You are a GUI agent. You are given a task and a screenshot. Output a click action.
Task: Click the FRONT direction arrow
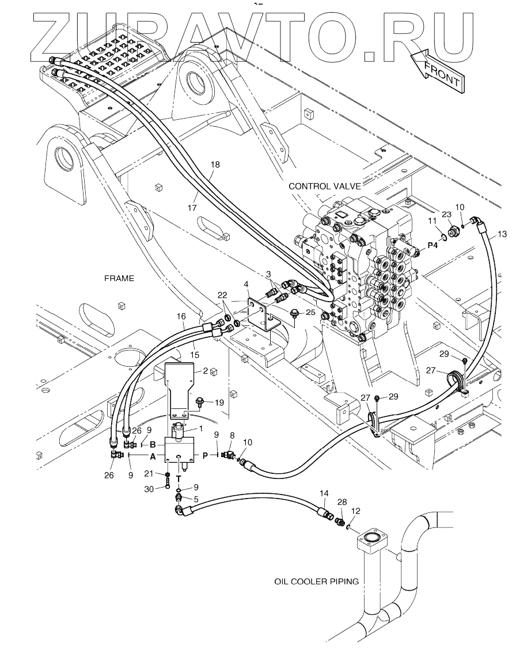[436, 70]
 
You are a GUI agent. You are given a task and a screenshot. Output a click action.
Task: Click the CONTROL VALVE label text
[325, 186]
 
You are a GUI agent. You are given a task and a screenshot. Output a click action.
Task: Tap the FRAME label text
[119, 278]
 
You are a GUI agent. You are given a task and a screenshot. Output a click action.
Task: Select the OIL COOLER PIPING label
[317, 581]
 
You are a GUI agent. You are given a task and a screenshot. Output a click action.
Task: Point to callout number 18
[215, 165]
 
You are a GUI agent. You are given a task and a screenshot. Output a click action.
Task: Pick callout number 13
[502, 234]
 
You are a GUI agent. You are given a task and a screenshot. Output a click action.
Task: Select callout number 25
[310, 313]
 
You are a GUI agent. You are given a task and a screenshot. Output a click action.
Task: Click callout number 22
[222, 295]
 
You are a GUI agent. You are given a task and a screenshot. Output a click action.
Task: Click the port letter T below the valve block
[179, 478]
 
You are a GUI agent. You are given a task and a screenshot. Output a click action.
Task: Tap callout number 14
[324, 493]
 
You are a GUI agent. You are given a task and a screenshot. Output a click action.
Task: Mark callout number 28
[343, 503]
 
